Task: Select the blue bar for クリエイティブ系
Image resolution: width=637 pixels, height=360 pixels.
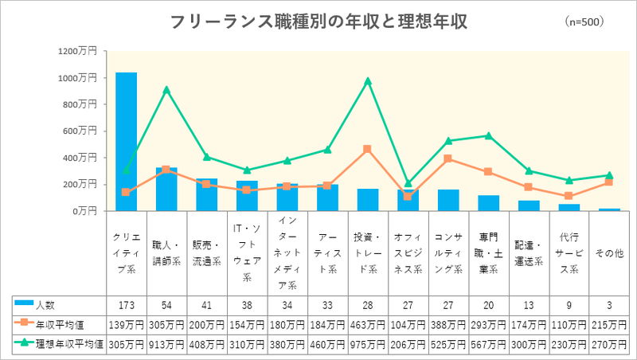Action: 126,142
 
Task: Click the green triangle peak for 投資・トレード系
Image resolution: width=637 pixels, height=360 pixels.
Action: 368,80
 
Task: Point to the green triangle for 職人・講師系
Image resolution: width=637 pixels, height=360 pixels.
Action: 166,90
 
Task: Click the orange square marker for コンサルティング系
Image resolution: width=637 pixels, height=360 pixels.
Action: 448,158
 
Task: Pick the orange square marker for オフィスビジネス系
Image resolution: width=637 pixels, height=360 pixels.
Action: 408,196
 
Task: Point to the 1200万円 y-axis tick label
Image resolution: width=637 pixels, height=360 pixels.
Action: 77,51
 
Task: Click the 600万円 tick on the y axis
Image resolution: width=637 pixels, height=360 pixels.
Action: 80,131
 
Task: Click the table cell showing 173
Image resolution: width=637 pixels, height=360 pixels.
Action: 126,305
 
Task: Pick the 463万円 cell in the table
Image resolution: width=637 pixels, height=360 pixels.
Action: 368,324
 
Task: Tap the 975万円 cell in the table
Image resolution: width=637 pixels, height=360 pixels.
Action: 368,343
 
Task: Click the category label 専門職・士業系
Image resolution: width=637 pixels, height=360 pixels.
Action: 489,253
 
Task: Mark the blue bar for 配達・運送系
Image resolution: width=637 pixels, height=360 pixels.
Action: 529,205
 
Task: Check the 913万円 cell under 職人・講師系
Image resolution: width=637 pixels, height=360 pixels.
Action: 166,343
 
